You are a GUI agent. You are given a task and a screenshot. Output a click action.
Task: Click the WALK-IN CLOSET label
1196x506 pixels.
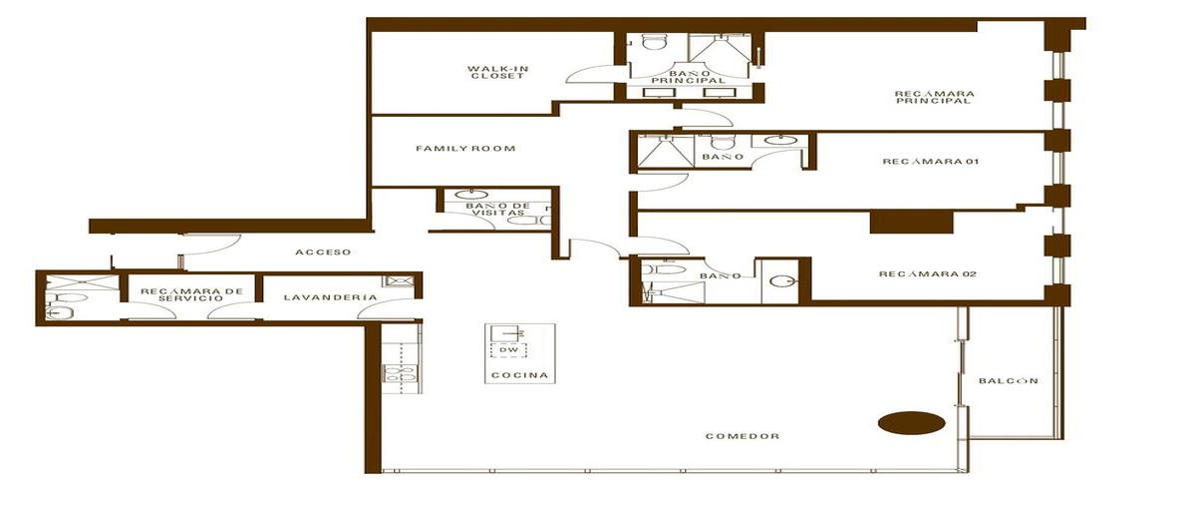495,72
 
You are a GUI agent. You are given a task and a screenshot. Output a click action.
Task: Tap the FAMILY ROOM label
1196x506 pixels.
465,149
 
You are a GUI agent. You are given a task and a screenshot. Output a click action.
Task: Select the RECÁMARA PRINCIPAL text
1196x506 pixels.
934,97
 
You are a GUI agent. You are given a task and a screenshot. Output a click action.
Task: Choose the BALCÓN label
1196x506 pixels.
1009,381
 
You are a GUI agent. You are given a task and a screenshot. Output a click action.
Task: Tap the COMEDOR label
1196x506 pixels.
742,436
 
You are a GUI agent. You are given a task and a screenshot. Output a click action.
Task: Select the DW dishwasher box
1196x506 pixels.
508,350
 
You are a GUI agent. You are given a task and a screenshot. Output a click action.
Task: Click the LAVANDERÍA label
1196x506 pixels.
315,297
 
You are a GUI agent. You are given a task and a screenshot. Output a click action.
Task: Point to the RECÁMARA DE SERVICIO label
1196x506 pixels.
191,296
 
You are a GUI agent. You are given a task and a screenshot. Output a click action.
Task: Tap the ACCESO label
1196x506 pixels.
322,253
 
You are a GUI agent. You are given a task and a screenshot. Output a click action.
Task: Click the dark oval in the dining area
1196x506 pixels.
911,422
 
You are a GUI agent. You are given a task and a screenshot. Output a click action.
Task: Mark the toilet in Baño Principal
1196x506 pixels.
654,42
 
